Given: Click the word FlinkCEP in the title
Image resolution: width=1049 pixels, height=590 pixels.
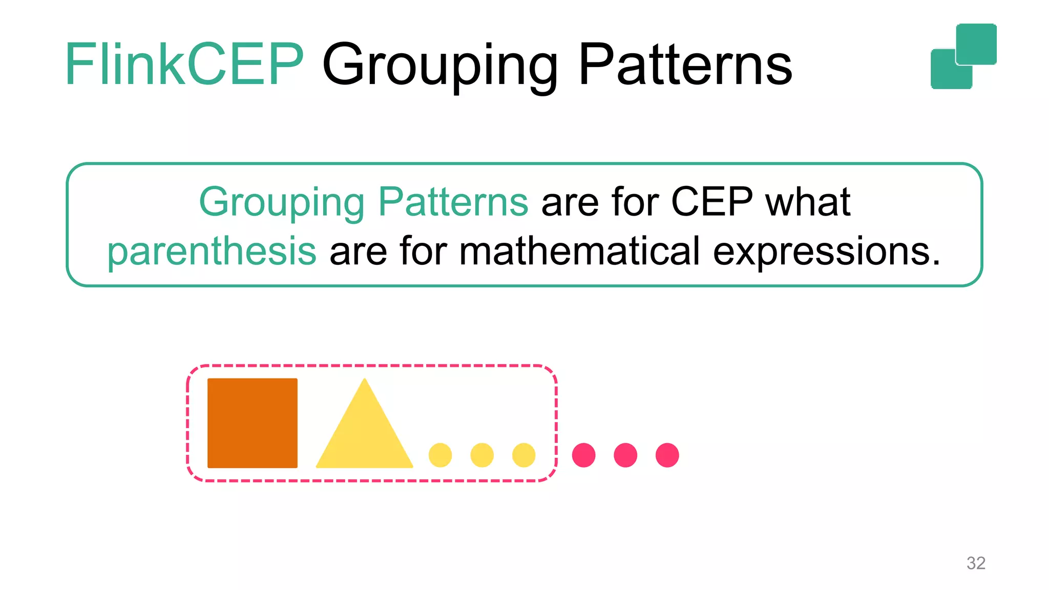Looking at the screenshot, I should point(184,65).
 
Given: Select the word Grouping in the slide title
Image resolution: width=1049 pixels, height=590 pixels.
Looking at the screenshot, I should point(440,67).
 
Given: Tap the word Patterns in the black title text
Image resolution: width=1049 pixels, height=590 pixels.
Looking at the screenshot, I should point(685,65).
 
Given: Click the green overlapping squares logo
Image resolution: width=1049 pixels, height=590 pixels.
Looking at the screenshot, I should point(963,56).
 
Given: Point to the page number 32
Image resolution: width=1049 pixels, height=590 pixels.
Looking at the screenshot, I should point(976,563).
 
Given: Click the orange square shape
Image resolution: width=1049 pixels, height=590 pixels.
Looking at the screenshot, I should point(252,423).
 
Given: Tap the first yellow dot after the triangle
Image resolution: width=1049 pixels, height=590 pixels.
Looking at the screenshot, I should point(440,455).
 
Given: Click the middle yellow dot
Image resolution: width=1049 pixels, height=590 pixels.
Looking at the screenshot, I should point(482,455).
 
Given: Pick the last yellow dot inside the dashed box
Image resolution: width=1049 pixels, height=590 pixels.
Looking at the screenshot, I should point(523,455).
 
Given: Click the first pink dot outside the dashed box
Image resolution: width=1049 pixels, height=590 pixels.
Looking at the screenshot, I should point(583,455).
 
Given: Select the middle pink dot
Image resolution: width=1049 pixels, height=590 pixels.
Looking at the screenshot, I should point(625,455).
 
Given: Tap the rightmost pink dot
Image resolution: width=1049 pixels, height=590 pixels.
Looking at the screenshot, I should point(667,455).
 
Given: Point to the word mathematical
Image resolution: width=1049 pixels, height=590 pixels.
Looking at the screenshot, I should point(579,251).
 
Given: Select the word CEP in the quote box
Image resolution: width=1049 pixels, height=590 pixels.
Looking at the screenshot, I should point(711,202).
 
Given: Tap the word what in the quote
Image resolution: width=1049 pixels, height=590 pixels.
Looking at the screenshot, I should point(808,202).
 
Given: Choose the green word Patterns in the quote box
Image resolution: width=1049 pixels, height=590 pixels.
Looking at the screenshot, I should point(453,202).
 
